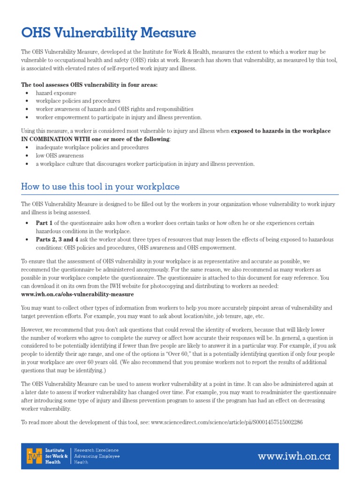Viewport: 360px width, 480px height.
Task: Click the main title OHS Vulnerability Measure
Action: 108,33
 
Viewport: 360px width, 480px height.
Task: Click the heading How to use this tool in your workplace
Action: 100,187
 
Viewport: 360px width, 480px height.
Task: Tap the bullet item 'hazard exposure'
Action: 56,93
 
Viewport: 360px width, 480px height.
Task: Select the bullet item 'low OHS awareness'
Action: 60,156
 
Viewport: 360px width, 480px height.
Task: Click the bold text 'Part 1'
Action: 45,223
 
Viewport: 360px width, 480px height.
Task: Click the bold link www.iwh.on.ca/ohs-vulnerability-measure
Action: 77,294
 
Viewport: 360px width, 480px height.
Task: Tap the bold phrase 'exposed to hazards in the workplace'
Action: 281,131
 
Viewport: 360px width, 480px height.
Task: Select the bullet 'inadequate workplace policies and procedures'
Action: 92,147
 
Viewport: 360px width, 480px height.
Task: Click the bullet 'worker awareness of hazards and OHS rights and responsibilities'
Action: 114,109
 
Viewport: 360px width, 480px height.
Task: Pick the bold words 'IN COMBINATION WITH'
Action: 52,139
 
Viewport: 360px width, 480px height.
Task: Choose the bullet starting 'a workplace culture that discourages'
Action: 145,164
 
